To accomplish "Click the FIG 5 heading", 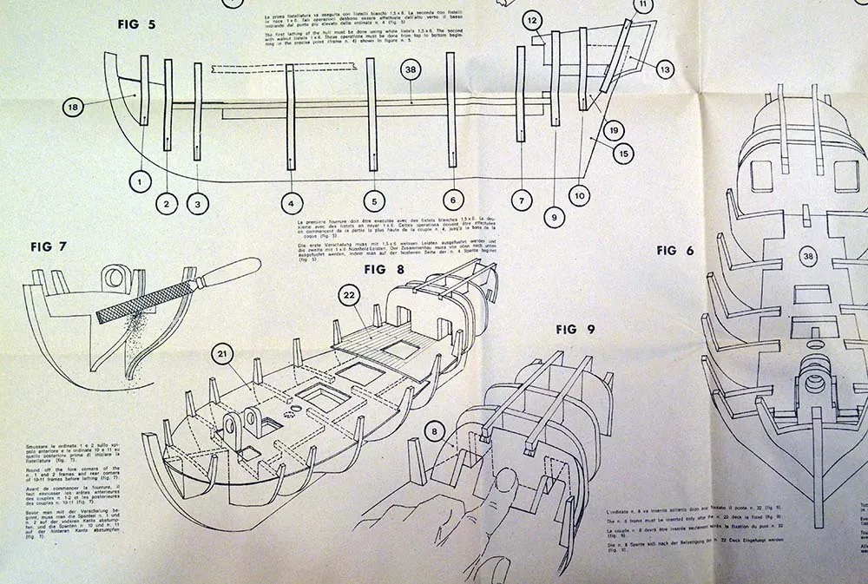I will (x=136, y=24).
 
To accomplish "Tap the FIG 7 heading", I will (x=49, y=246).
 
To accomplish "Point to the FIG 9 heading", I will (x=576, y=329).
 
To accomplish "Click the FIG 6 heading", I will (x=676, y=251).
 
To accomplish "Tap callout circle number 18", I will (x=73, y=108).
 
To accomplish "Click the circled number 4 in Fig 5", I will (x=292, y=204).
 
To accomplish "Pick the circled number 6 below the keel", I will (x=452, y=200).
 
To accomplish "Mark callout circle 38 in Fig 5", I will (x=411, y=71).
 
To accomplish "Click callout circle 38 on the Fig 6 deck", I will (x=808, y=256).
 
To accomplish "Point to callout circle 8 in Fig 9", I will (x=434, y=427).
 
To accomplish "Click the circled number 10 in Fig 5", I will (x=579, y=196).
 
